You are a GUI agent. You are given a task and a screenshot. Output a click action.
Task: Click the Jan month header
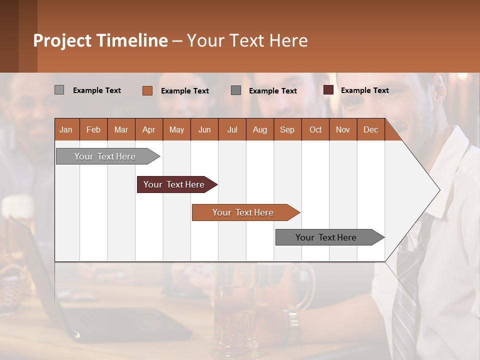click(66, 129)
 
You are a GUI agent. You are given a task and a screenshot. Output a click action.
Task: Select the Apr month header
click(148, 129)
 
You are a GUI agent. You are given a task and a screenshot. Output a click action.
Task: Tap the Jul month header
click(232, 129)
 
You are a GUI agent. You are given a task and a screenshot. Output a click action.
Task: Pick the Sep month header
click(287, 129)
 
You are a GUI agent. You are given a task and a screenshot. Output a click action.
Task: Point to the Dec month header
click(370, 129)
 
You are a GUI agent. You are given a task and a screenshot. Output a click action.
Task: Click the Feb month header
click(93, 129)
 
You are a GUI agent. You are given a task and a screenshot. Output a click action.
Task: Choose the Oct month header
click(315, 129)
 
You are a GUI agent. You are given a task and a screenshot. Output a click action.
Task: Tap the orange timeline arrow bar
click(243, 212)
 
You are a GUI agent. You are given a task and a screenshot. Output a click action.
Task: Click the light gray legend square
click(59, 90)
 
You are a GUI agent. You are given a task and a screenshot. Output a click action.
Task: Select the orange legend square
click(147, 90)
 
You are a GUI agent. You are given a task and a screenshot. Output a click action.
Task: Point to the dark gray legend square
click(236, 90)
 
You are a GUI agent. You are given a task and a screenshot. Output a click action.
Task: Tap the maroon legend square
click(328, 90)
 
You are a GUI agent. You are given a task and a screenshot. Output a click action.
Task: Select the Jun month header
click(204, 129)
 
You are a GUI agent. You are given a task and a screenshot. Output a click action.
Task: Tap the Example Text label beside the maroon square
click(364, 90)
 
